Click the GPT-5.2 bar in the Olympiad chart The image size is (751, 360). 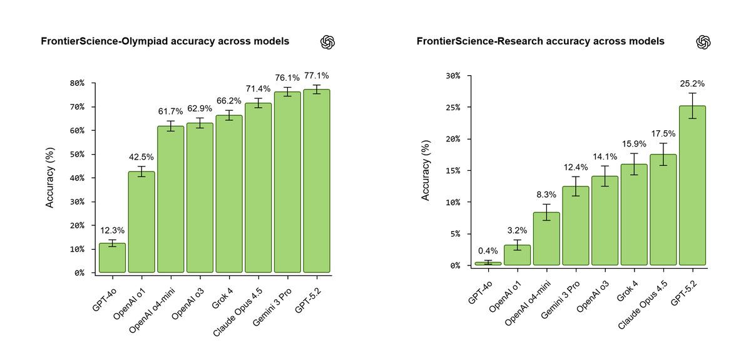click(x=316, y=182)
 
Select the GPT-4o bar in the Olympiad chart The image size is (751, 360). click(x=112, y=258)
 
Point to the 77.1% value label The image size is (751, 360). click(x=316, y=76)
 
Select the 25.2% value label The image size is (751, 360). click(x=692, y=83)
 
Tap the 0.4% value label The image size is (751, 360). click(x=488, y=251)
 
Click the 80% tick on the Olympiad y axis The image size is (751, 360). click(x=77, y=83)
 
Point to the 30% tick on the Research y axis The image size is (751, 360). click(x=452, y=76)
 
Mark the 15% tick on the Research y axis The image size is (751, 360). click(x=452, y=170)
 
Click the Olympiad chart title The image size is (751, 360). click(x=165, y=41)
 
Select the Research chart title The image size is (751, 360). click(x=541, y=41)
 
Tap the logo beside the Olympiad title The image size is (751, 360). click(x=328, y=42)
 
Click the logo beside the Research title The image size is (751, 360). click(x=703, y=42)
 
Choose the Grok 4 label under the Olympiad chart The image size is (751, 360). click(x=223, y=296)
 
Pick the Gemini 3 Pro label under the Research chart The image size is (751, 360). click(x=561, y=300)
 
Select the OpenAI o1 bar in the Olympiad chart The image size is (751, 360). click(x=141, y=222)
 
